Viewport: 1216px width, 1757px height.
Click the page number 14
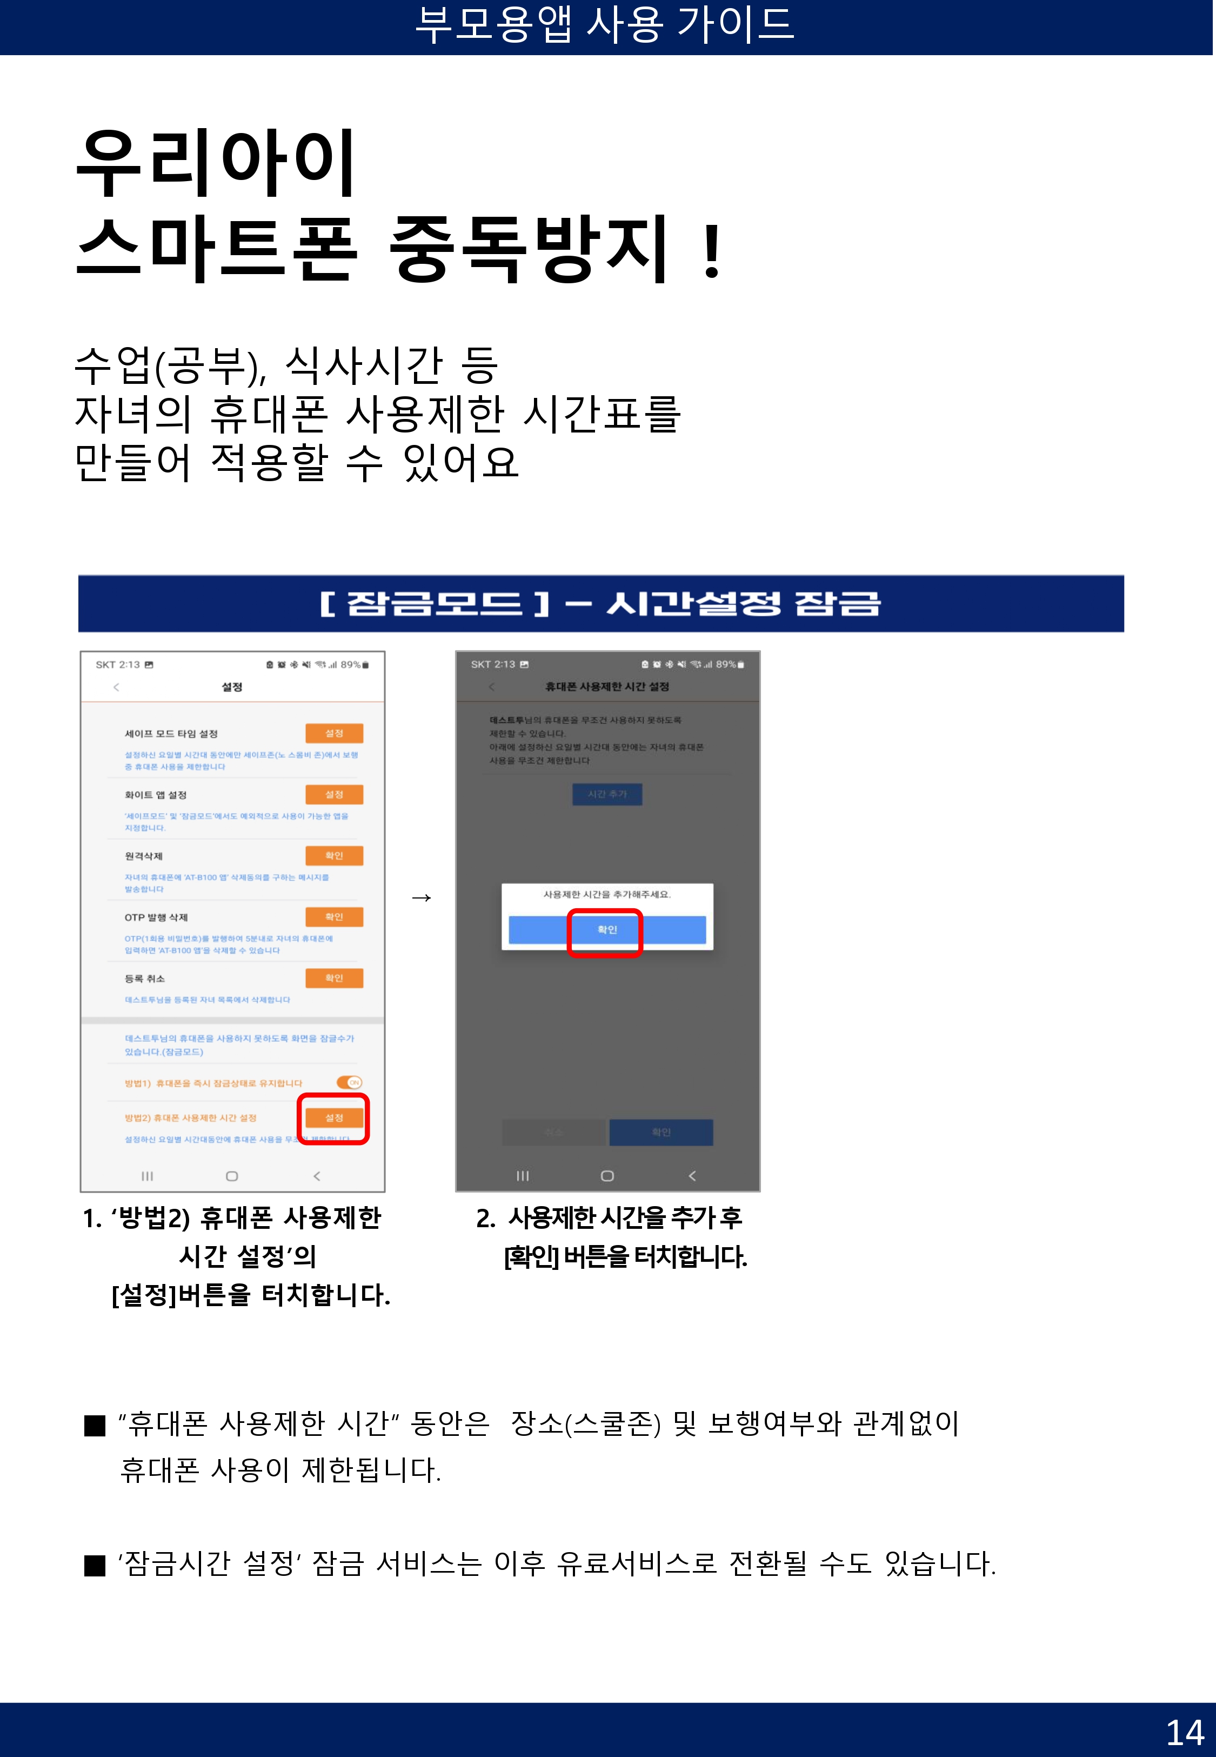[x=1184, y=1732]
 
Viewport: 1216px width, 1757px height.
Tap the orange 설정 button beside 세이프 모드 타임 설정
[x=333, y=733]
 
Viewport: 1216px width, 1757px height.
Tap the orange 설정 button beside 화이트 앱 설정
[x=333, y=794]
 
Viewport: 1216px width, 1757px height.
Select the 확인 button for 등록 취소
[x=333, y=977]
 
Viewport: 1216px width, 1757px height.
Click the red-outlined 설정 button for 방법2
[x=333, y=1118]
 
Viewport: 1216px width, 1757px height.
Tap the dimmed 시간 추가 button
[x=607, y=794]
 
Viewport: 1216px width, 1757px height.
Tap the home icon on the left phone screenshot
[x=232, y=1176]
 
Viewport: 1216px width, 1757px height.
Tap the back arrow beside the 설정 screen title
[x=116, y=687]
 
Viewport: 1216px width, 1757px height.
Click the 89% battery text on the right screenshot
[x=725, y=664]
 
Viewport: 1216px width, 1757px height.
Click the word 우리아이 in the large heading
[x=216, y=162]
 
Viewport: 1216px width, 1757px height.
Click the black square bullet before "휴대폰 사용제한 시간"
[x=95, y=1425]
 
